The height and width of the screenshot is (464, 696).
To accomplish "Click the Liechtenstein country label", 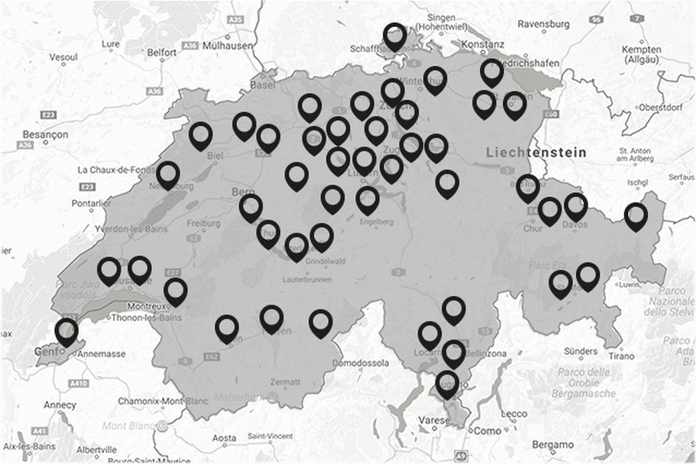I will point(536,153).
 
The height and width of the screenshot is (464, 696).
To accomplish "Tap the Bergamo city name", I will point(553,445).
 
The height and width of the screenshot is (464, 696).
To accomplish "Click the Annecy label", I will point(60,404).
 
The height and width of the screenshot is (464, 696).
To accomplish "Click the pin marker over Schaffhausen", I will point(395,36).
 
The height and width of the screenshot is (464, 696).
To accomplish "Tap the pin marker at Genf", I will point(67,333).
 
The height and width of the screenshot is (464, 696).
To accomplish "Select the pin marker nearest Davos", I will point(575,206).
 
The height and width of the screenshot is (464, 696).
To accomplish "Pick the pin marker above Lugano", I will point(447,384).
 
